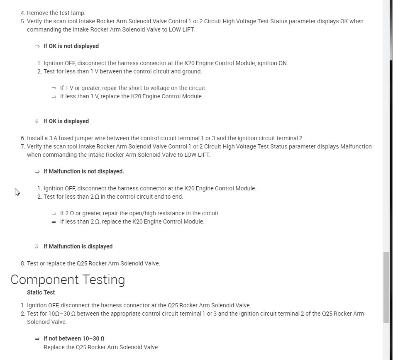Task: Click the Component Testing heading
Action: click(x=68, y=280)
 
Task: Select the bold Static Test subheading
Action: click(x=41, y=292)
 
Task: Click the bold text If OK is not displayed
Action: click(x=71, y=46)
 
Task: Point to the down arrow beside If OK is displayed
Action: click(x=37, y=121)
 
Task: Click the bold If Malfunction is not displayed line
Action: click(x=83, y=171)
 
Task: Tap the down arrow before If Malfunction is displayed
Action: click(x=37, y=246)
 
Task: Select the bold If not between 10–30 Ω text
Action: click(x=73, y=338)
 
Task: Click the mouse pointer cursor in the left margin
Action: click(x=17, y=192)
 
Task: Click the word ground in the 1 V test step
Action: click(x=192, y=71)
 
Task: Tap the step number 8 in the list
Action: click(x=23, y=263)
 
